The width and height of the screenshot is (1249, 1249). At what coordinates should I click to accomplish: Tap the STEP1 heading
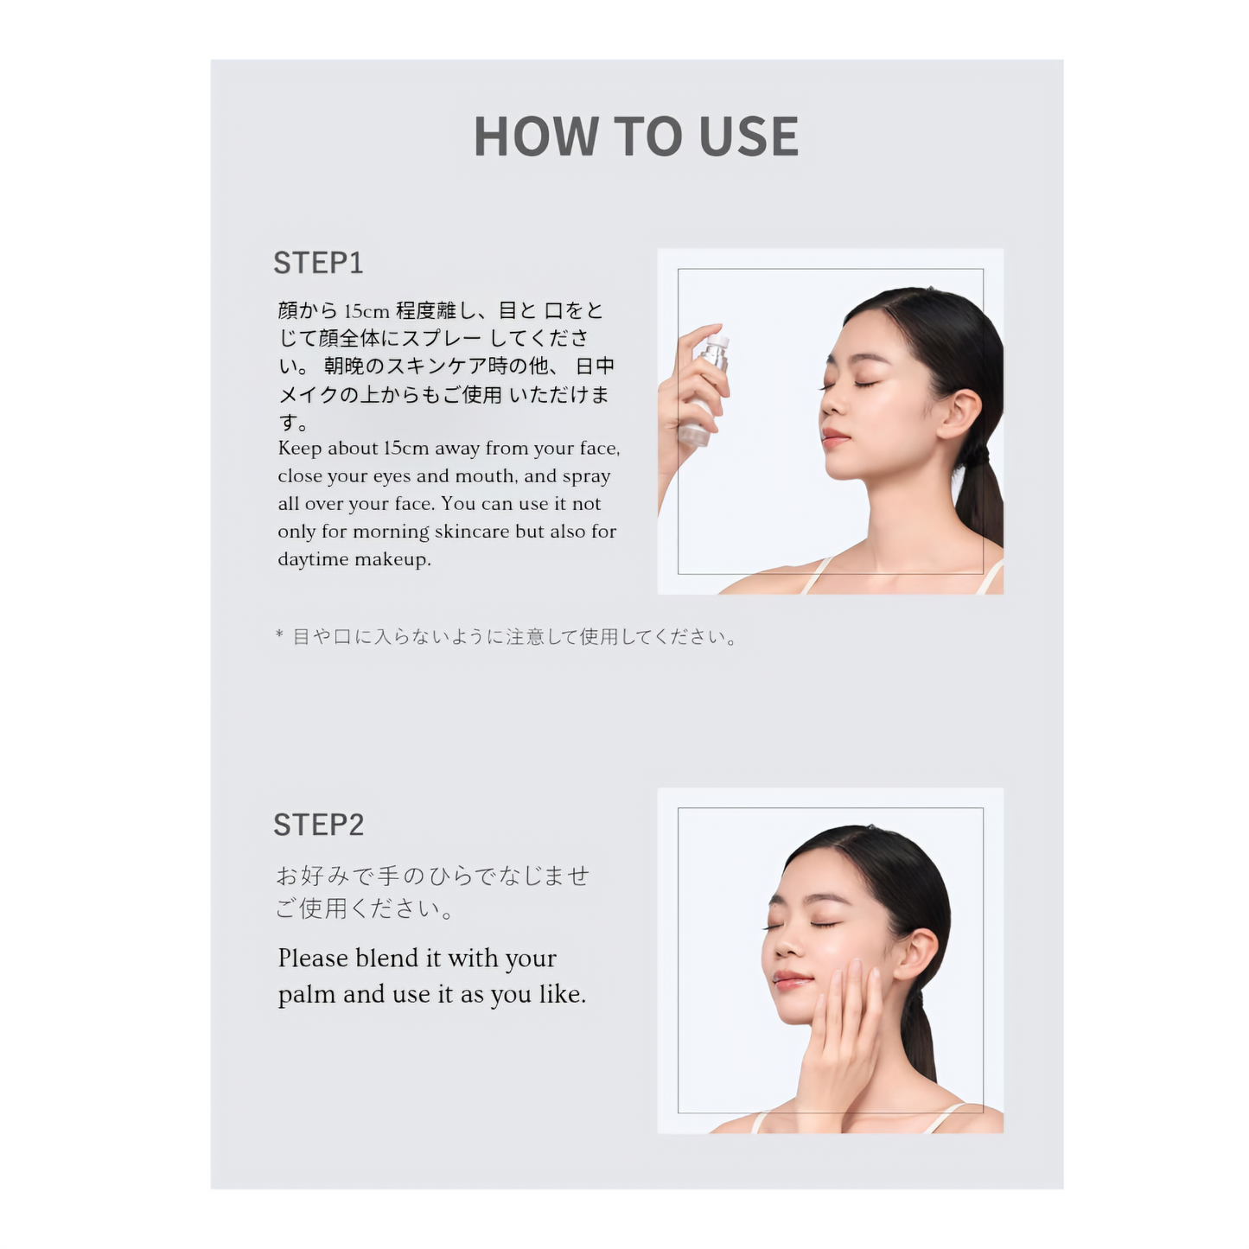point(318,263)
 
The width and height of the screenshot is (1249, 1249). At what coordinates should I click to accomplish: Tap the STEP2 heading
point(318,825)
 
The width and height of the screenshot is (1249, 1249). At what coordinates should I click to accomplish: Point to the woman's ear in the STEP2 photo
point(915,955)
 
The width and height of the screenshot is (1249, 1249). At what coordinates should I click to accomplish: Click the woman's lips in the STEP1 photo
point(835,437)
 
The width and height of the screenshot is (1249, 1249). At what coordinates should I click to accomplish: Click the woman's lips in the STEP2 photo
point(791,979)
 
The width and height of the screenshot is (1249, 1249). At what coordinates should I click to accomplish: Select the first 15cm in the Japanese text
point(366,312)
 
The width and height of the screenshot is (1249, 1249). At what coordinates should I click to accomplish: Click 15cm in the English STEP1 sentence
point(406,448)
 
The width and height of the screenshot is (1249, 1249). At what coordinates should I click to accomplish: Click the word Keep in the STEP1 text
point(300,449)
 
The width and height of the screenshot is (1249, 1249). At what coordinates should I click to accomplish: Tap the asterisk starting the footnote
point(279,634)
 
